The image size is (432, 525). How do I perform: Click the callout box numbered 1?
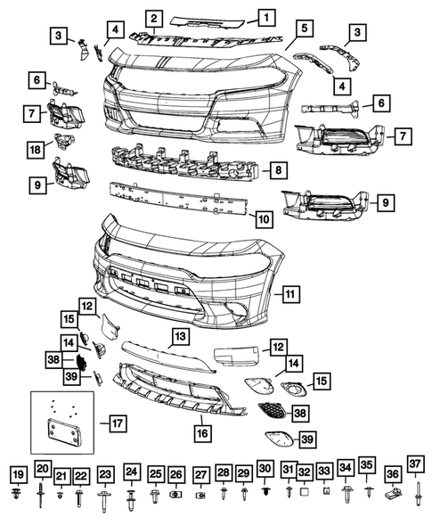coord(267,16)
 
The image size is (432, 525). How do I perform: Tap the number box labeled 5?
coord(305,29)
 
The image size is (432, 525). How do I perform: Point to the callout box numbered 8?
coord(279,168)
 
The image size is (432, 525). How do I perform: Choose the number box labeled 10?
coord(263,216)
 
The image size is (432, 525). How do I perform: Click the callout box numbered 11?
coord(289,292)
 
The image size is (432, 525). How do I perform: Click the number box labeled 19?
coord(17,472)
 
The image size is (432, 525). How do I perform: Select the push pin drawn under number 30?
coord(265,491)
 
